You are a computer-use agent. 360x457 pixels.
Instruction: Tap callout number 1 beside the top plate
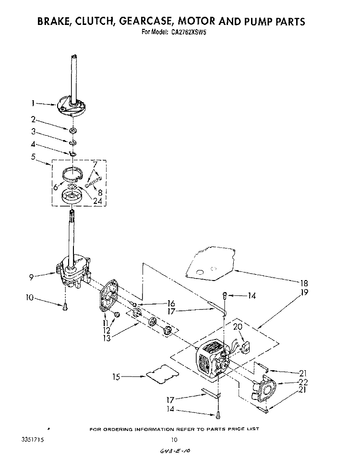[x=33, y=102]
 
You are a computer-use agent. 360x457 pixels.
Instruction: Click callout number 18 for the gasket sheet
[x=304, y=282]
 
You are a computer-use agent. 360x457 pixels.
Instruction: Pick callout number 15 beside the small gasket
[x=116, y=377]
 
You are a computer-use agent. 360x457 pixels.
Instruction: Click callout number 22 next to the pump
[x=303, y=382]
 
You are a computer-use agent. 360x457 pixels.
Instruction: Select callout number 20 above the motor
[x=237, y=327]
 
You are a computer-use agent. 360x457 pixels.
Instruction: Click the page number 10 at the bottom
[x=175, y=439]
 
